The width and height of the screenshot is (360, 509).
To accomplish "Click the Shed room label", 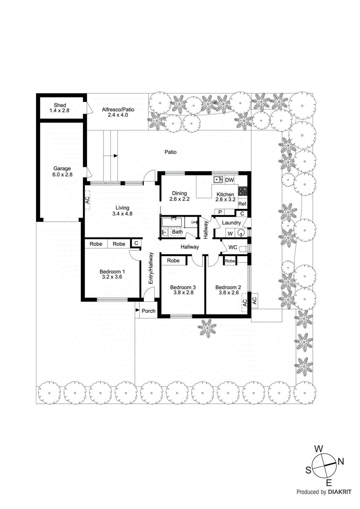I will click(x=60, y=105).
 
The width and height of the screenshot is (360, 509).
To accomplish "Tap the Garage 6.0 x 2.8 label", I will click(x=62, y=171).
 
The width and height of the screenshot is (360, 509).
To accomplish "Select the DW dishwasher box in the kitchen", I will click(x=229, y=180).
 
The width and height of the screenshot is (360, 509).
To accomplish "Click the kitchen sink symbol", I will click(x=218, y=180).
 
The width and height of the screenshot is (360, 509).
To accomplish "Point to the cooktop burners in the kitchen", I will click(x=243, y=191).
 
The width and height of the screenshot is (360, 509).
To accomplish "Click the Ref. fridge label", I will click(x=243, y=204).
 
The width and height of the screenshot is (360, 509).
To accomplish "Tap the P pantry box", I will click(x=220, y=212).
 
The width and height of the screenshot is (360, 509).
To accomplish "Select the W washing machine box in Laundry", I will click(x=230, y=234).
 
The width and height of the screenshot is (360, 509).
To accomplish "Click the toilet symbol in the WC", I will click(x=244, y=248).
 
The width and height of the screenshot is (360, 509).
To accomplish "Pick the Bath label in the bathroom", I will click(x=177, y=232).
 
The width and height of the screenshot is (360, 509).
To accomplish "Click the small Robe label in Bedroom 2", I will click(x=230, y=261).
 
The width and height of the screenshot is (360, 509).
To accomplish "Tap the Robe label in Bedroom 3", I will click(x=173, y=261).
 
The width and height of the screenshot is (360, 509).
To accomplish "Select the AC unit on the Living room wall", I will click(x=88, y=200).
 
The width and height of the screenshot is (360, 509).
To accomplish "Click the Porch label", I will click(x=149, y=311).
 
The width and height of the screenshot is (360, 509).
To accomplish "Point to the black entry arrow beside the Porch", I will click(x=138, y=310).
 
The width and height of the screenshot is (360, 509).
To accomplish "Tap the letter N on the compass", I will click(x=341, y=462).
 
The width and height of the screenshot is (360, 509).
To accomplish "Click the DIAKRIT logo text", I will click(x=340, y=492).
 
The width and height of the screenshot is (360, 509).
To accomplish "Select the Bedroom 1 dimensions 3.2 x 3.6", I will click(x=112, y=277).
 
